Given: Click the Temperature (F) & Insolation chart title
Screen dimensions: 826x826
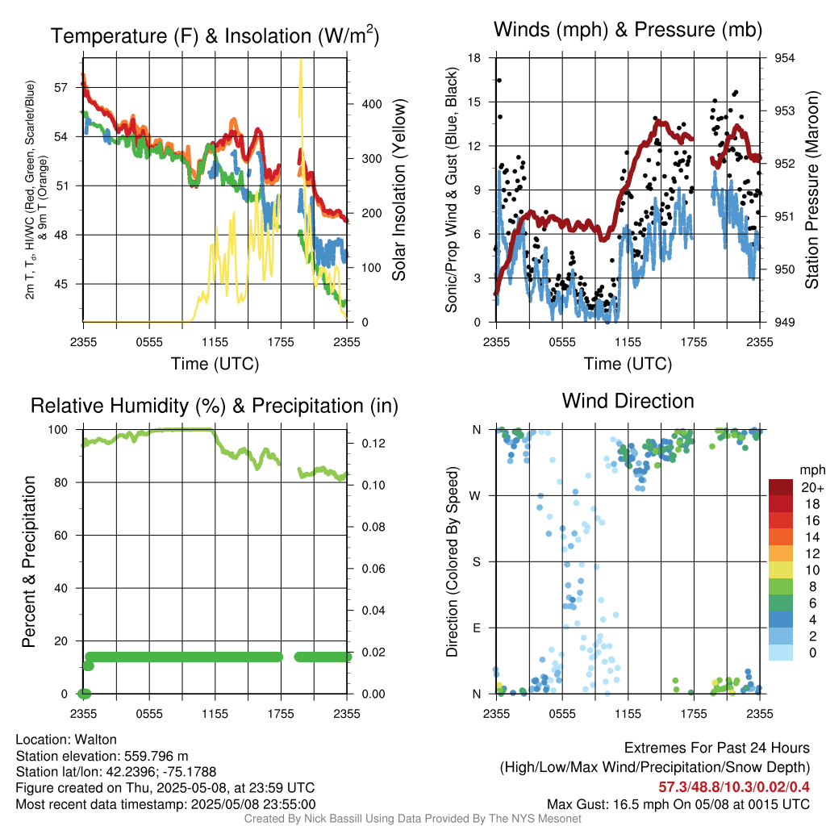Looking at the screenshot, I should point(215,35).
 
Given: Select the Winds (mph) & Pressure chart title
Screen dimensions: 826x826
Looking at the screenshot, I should point(628,30).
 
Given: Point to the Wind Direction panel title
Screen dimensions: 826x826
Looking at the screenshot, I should point(628,401).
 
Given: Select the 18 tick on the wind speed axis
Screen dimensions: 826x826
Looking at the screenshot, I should point(475,58).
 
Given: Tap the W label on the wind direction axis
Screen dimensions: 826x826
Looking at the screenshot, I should point(476,496).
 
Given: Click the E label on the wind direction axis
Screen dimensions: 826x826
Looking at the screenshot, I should point(477,628).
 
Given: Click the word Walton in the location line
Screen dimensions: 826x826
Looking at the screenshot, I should point(97,740).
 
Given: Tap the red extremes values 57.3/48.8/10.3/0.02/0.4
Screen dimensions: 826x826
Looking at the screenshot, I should point(734,786).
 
